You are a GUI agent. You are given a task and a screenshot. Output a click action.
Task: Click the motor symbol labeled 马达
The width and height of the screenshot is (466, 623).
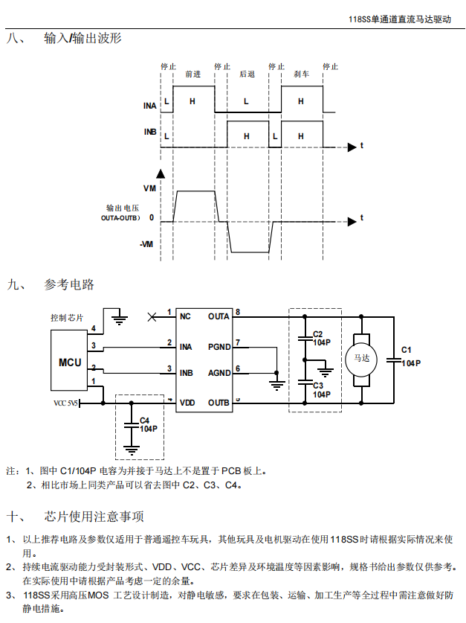(x=362, y=358)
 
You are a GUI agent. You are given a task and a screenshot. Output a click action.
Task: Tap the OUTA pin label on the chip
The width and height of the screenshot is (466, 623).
(x=219, y=316)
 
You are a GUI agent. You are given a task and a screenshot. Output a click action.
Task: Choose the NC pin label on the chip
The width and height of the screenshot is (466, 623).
(x=185, y=316)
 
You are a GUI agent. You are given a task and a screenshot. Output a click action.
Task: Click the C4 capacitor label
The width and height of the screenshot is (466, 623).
(x=144, y=421)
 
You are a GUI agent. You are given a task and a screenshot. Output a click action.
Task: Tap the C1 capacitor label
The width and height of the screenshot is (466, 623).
(x=406, y=350)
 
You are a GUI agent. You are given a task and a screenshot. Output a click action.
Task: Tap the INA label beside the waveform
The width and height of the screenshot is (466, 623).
(x=149, y=106)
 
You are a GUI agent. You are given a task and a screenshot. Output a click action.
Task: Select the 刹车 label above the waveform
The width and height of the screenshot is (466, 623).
(x=301, y=74)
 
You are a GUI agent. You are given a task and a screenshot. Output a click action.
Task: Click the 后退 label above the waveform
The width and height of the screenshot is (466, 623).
(x=247, y=74)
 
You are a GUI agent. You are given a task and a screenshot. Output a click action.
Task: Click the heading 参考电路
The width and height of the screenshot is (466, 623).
(x=69, y=284)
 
